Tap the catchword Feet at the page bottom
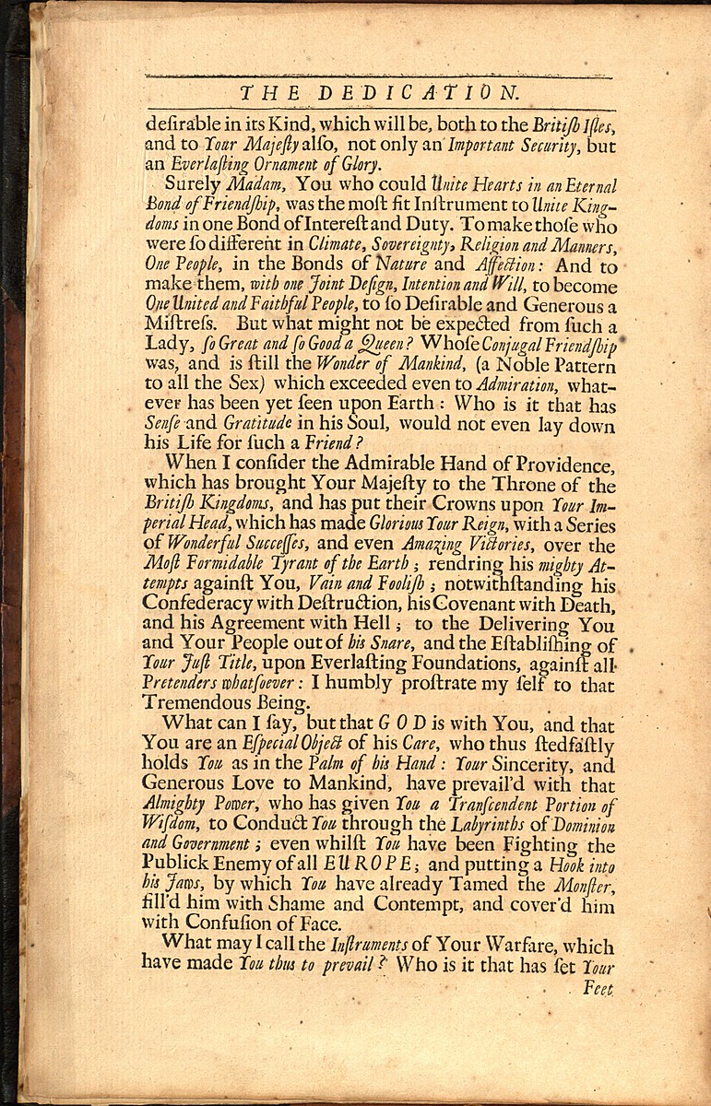click(x=598, y=987)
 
